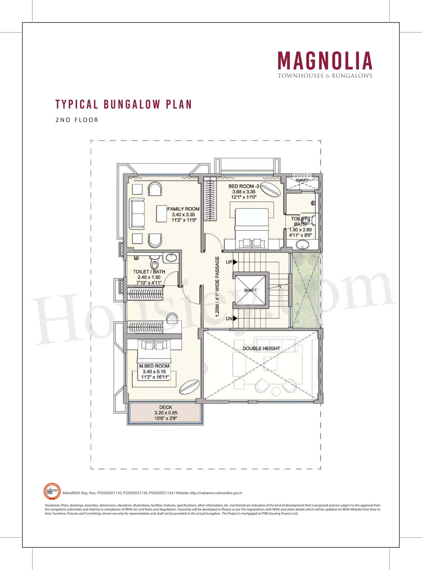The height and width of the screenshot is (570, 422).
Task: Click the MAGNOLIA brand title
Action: click(325, 61)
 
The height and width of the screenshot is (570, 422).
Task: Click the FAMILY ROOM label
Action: click(183, 209)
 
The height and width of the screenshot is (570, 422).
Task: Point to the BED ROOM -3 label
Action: click(244, 186)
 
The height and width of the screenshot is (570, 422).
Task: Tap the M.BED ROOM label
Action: click(154, 366)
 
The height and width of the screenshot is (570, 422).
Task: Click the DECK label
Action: click(166, 407)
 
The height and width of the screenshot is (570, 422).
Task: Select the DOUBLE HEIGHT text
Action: click(261, 348)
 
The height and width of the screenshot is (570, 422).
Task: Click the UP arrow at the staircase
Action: click(235, 262)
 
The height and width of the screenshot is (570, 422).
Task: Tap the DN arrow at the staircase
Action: click(235, 318)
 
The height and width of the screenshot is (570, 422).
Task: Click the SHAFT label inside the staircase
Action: click(250, 290)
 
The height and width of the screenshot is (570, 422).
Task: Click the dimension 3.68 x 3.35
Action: click(244, 192)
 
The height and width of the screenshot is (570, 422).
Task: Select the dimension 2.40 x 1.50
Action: click(149, 277)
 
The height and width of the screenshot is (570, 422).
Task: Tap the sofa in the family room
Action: click(137, 214)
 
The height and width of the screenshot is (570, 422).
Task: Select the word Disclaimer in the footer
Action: click(52, 505)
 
